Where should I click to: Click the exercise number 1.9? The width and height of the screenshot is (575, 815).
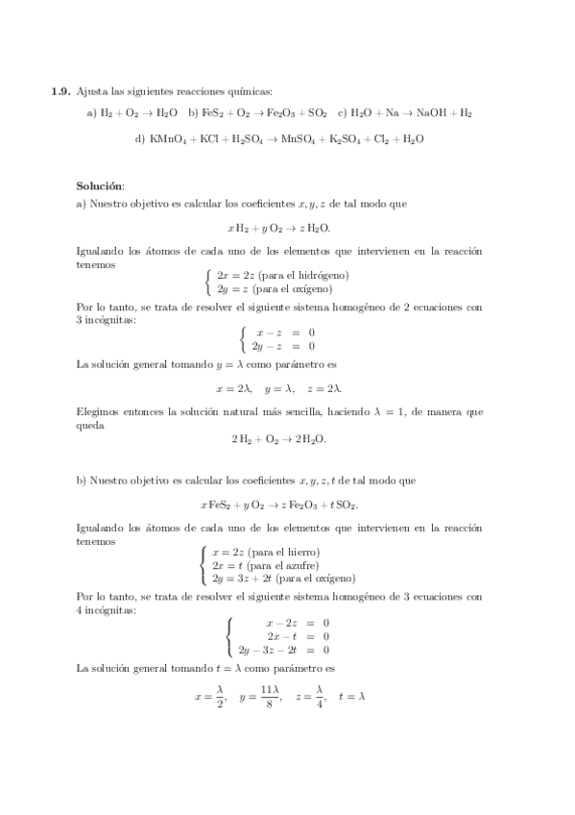pyautogui.click(x=60, y=93)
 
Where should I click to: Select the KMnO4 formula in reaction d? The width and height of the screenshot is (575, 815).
pyautogui.click(x=170, y=138)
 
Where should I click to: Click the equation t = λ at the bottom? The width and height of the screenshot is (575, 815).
pyautogui.click(x=351, y=697)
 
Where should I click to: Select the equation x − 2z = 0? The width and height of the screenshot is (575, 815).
pyautogui.click(x=298, y=623)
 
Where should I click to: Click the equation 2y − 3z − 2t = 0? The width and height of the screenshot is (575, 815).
pyautogui.click(x=284, y=650)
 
